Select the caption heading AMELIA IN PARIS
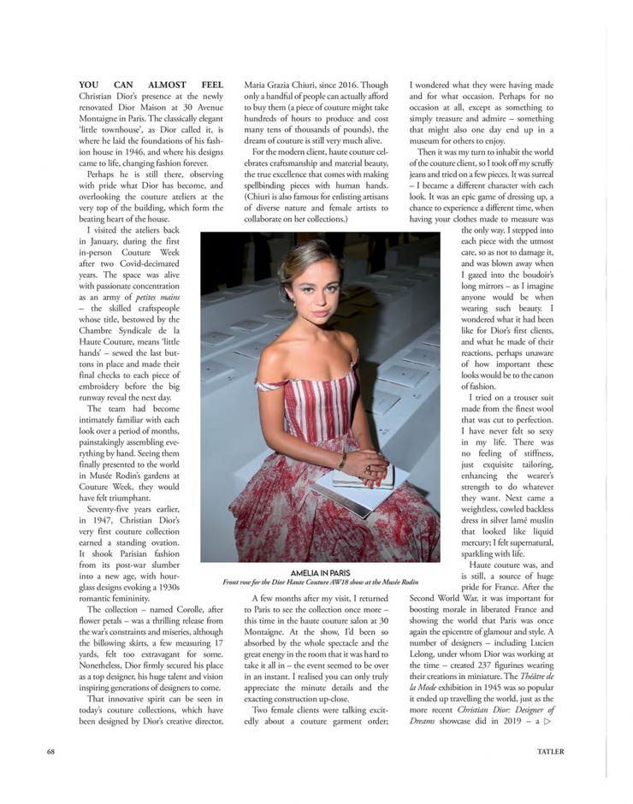coord(320,572)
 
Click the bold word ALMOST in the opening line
coord(151,86)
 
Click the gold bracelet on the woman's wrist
coord(342,463)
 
